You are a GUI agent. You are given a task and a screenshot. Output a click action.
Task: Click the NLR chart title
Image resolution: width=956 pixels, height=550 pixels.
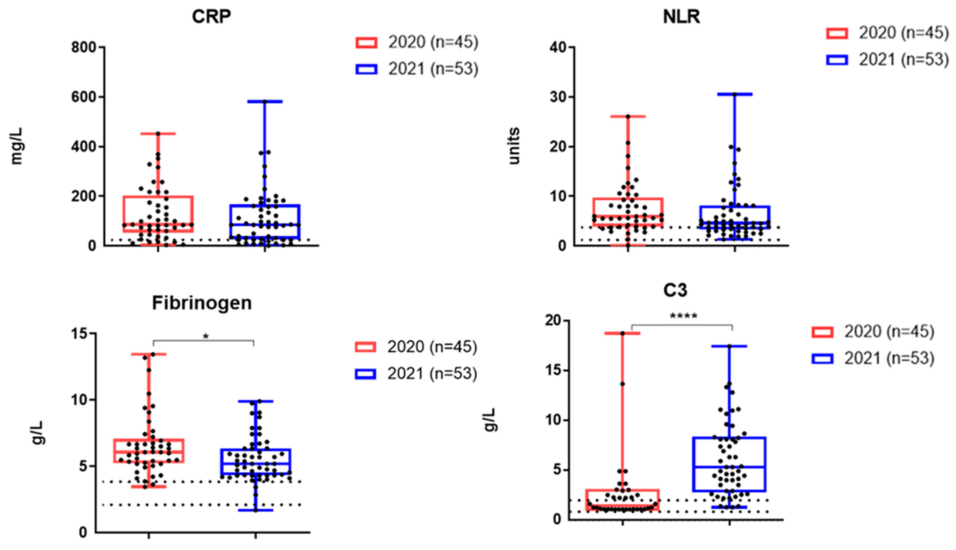pos(681,17)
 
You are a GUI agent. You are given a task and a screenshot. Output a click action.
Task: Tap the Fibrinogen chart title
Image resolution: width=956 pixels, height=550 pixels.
pos(202,303)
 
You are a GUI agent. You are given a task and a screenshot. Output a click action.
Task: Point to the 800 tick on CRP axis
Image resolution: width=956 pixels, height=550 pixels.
pos(84,47)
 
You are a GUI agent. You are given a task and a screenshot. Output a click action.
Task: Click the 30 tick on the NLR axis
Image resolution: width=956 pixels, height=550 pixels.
pos(558,97)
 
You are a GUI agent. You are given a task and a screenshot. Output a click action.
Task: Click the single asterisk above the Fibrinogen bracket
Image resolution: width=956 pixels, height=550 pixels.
pos(206,336)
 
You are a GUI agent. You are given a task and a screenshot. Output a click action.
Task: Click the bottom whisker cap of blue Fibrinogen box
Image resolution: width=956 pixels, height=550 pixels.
pos(256,510)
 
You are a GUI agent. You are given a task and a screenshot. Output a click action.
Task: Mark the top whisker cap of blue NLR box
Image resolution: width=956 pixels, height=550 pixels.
pos(735,94)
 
